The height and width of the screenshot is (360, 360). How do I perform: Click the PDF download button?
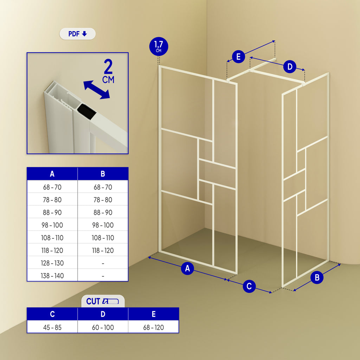(x=77, y=34)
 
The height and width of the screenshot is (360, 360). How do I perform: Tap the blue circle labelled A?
(x=187, y=269)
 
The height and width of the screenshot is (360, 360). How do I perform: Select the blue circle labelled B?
(x=317, y=277)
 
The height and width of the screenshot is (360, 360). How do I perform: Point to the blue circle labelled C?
(x=249, y=286)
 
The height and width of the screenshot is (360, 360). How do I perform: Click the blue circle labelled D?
(x=290, y=67)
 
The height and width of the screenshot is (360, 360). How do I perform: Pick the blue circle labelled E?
(x=238, y=57)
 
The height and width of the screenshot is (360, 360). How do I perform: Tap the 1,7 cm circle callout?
(x=159, y=46)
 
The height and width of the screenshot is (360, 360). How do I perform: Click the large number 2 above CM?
(x=108, y=67)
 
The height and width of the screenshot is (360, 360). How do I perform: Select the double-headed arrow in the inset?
(x=96, y=90)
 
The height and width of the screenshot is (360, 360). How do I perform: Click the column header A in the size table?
(x=52, y=174)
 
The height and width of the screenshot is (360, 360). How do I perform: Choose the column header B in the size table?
(x=103, y=174)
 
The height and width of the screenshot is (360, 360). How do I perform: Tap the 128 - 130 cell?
(x=52, y=263)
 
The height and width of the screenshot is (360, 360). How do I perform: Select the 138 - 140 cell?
(x=52, y=276)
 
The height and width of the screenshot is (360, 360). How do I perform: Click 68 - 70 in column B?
(x=103, y=187)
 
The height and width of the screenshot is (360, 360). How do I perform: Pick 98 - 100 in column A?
(x=52, y=225)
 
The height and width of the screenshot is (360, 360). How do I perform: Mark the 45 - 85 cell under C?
(x=52, y=327)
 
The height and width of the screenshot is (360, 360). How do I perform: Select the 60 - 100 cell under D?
(x=103, y=327)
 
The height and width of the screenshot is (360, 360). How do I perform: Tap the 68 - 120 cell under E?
(x=153, y=327)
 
